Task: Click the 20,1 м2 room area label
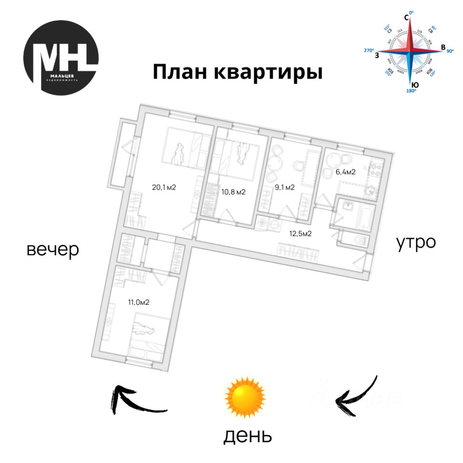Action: tap(164, 188)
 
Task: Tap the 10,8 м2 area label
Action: tap(233, 191)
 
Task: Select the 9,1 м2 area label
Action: tap(285, 188)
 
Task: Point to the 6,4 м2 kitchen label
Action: tap(345, 171)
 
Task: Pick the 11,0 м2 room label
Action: tap(138, 302)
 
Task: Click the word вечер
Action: tap(53, 250)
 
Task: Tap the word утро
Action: tap(416, 242)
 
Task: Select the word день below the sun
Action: tap(247, 436)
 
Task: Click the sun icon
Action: tap(245, 397)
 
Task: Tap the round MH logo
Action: tap(61, 58)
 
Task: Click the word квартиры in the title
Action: tap(268, 73)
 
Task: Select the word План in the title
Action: tap(180, 73)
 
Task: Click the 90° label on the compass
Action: tap(451, 51)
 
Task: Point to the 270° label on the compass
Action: tap(369, 50)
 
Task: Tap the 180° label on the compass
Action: tap(411, 91)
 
